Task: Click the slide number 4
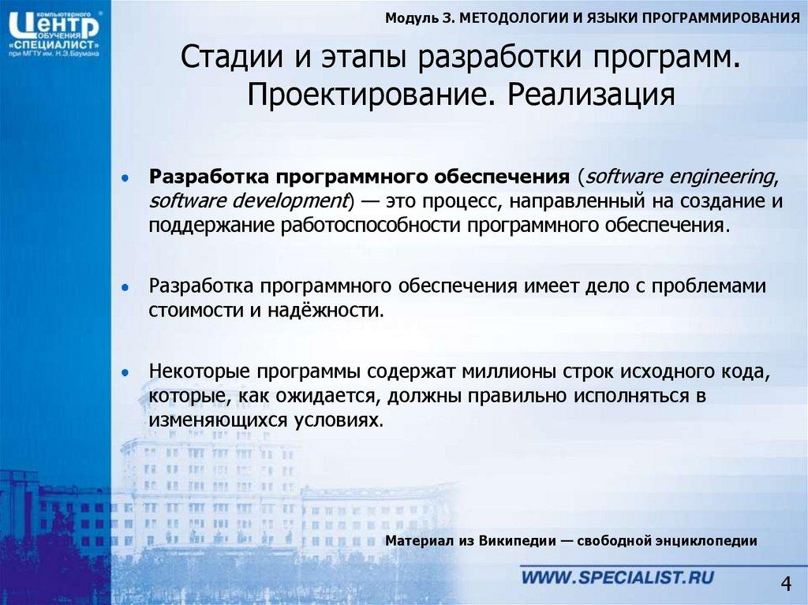tap(785, 584)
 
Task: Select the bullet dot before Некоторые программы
tap(126, 371)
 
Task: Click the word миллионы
tap(510, 370)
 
